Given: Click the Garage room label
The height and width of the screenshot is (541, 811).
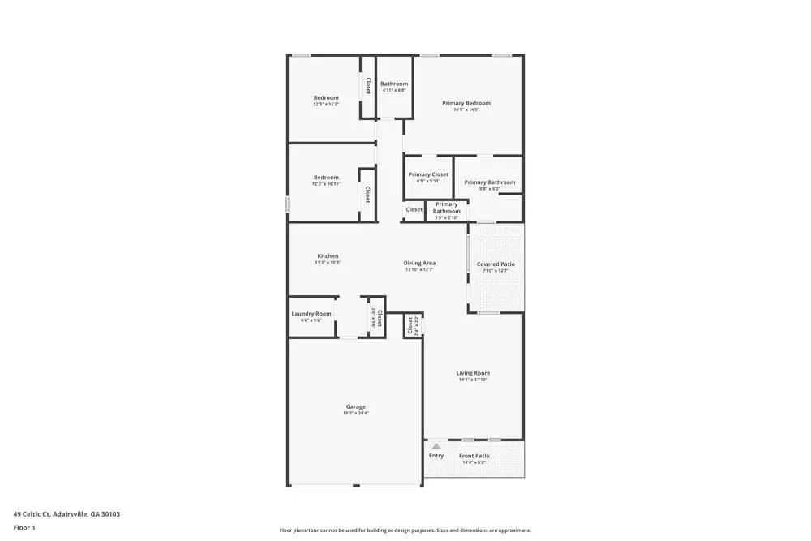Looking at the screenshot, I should pyautogui.click(x=355, y=406).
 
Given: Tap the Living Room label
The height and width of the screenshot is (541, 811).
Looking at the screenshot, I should pyautogui.click(x=474, y=373).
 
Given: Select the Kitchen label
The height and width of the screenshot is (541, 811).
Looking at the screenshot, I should pyautogui.click(x=328, y=256).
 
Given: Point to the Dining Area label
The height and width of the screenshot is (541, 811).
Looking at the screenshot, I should pyautogui.click(x=420, y=263).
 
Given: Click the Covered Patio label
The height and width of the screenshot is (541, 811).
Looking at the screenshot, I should pyautogui.click(x=496, y=264).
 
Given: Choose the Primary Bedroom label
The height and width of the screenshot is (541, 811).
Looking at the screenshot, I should pyautogui.click(x=466, y=103).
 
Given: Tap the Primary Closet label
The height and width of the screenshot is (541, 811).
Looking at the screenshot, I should pyautogui.click(x=428, y=174).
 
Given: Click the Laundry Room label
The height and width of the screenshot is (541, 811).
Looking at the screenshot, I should pyautogui.click(x=311, y=314).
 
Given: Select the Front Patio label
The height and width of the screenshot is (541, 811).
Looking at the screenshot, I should pyautogui.click(x=474, y=456).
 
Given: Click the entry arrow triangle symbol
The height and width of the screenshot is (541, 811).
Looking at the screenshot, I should pyautogui.click(x=436, y=446).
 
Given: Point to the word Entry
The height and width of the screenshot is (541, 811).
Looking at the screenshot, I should pyautogui.click(x=436, y=456).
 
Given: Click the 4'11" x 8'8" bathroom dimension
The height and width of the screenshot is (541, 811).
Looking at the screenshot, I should pyautogui.click(x=394, y=90).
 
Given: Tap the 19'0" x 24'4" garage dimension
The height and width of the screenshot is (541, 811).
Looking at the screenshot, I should pyautogui.click(x=355, y=414).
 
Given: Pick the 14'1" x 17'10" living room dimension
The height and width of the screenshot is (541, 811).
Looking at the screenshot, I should pyautogui.click(x=474, y=380).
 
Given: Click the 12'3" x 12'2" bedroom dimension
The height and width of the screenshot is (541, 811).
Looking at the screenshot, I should pyautogui.click(x=326, y=104).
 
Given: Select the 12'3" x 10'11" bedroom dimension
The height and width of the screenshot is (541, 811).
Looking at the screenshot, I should pyautogui.click(x=326, y=184).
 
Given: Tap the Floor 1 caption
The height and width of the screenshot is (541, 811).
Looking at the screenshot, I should pyautogui.click(x=24, y=527).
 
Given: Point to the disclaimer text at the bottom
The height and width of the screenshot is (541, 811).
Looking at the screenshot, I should pyautogui.click(x=405, y=530).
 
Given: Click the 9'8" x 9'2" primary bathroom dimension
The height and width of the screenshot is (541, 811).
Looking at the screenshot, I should pyautogui.click(x=489, y=189).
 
